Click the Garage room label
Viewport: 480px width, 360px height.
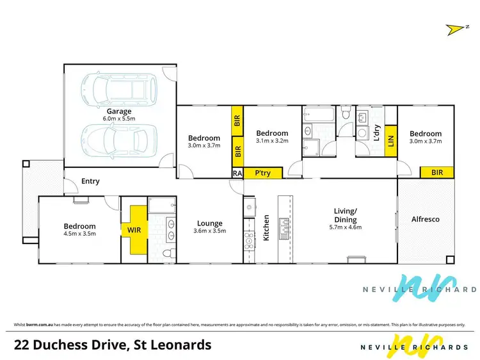(x=120, y=110)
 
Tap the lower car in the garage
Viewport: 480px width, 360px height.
(x=120, y=141)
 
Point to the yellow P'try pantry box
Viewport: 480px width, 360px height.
(x=261, y=173)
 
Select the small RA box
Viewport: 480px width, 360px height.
(x=237, y=173)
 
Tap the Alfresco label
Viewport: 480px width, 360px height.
(x=425, y=219)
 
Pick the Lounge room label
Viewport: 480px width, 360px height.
(x=210, y=223)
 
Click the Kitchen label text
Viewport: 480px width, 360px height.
(x=267, y=227)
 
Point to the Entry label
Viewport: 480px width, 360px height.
(x=90, y=181)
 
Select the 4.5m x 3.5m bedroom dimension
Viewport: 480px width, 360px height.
(x=79, y=234)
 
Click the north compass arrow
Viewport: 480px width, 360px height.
(x=454, y=28)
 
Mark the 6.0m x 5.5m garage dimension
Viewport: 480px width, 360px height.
(x=120, y=119)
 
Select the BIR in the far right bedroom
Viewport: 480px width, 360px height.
(x=436, y=172)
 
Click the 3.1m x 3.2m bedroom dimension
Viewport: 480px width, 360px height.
(x=272, y=142)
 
